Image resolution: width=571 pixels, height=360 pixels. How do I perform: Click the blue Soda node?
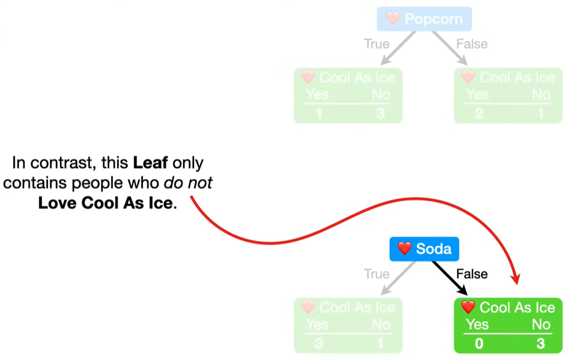pos(424,249)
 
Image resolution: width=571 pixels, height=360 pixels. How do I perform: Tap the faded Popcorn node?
pos(424,19)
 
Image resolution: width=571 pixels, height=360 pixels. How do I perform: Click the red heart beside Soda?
pos(404,249)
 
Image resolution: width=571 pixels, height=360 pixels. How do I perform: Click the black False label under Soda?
pos(472,274)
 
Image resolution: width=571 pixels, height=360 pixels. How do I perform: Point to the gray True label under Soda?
pos(377,274)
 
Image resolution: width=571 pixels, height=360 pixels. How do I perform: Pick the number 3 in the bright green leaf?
pos(541,344)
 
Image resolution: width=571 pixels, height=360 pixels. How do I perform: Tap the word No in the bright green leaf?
pos(541,325)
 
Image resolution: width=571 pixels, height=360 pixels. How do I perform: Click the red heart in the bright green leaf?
pos(468,307)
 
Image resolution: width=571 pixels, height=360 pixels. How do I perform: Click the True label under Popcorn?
pos(377,44)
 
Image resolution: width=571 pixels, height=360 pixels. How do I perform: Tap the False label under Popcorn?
pos(472,44)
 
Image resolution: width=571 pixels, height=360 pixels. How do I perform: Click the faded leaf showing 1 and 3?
pos(348,95)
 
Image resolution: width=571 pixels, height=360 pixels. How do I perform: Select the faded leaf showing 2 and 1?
pos(508,95)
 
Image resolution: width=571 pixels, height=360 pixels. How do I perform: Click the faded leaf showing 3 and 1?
pos(348,325)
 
